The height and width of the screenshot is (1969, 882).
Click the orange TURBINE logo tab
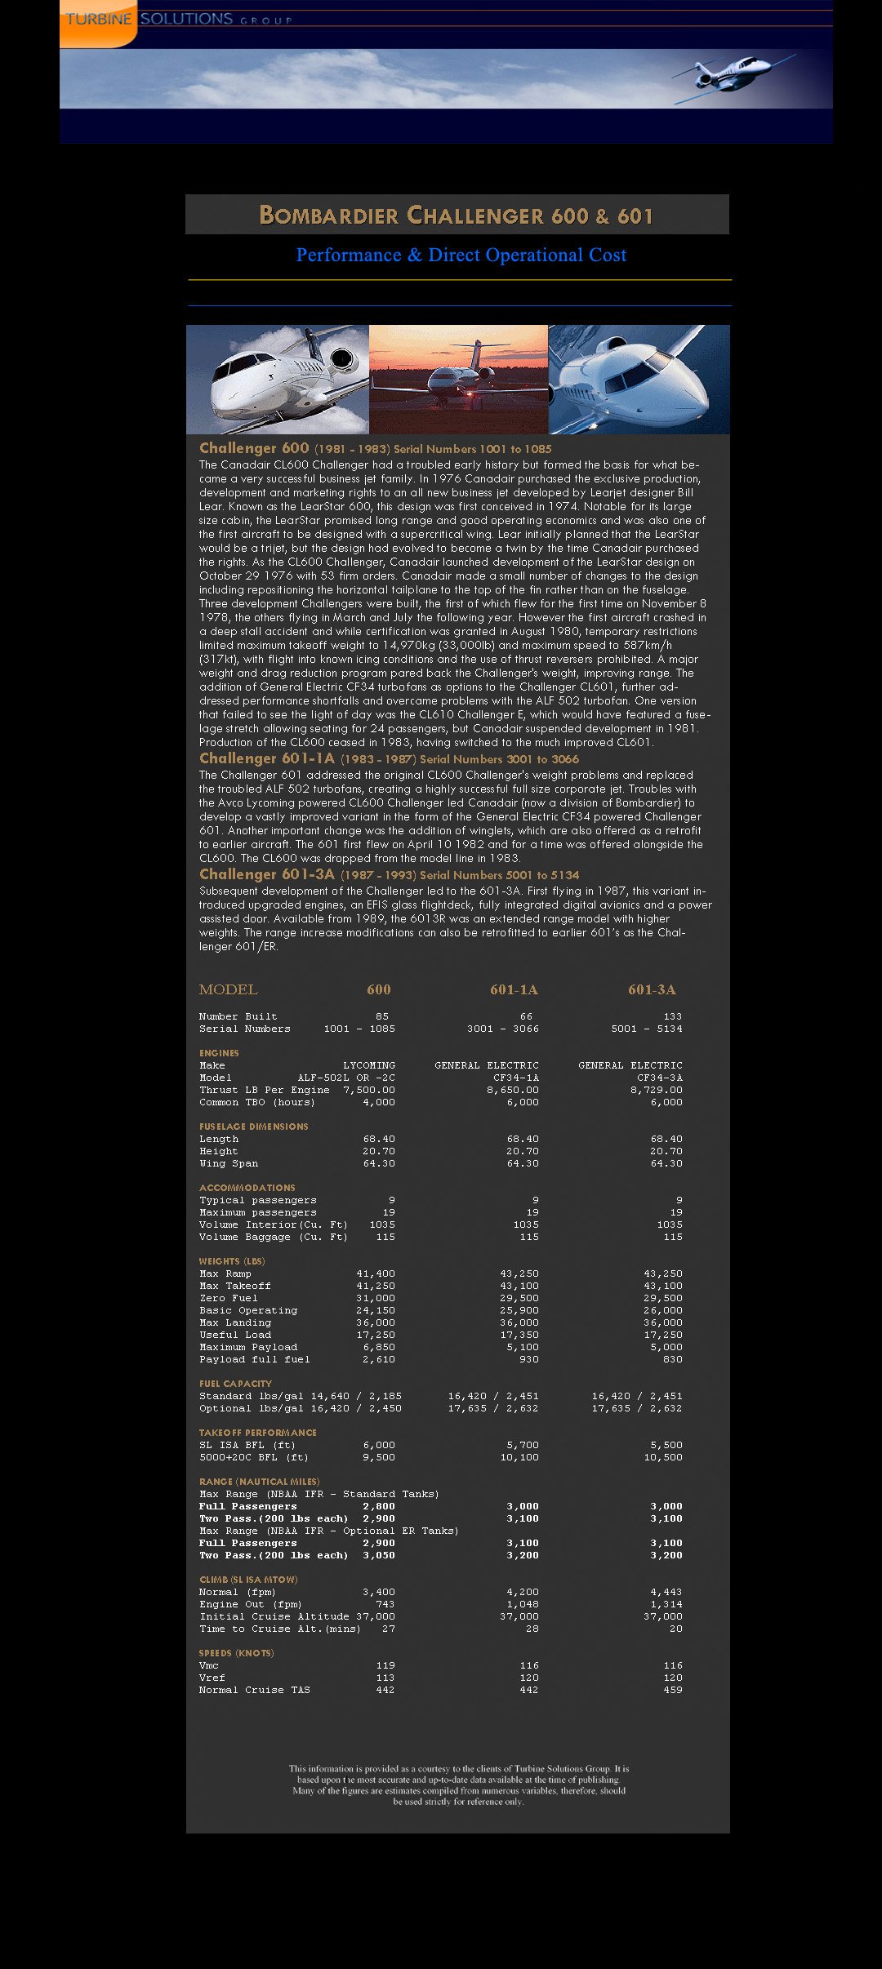point(98,21)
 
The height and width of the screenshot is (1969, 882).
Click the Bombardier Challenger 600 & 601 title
point(457,216)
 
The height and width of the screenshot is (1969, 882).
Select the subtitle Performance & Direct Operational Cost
point(461,256)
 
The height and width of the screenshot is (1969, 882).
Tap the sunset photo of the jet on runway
point(458,380)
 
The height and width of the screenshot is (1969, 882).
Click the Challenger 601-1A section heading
point(267,758)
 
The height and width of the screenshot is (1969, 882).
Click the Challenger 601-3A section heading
point(267,874)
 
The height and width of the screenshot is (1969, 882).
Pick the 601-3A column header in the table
point(652,989)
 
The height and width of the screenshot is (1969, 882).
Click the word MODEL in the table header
point(228,989)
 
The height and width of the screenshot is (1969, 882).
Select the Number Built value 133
point(672,1016)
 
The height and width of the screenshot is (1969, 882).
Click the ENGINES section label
point(219,1053)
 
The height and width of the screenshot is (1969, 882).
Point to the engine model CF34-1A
point(516,1078)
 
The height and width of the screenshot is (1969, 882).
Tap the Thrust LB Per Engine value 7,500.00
point(369,1090)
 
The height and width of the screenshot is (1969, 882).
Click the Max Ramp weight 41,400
point(376,1273)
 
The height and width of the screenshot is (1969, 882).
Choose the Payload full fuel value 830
point(673,1359)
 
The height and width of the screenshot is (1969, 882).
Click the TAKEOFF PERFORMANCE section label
point(257,1433)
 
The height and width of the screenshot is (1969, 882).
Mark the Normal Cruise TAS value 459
point(673,1690)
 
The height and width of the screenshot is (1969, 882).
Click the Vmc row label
point(209,1665)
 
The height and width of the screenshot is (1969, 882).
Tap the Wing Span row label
point(229,1163)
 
